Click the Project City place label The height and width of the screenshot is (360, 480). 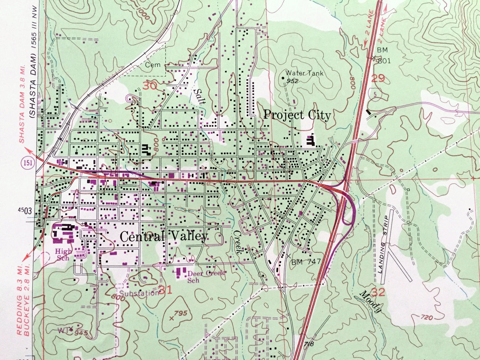(x=297, y=116)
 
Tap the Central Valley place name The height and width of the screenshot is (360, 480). (x=164, y=236)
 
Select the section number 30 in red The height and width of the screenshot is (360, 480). (x=150, y=86)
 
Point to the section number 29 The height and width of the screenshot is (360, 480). (x=378, y=78)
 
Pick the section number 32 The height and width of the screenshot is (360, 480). (x=378, y=292)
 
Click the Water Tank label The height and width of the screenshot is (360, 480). (x=304, y=73)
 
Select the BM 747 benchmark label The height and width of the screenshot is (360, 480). (x=306, y=262)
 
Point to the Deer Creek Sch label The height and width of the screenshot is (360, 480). (x=206, y=276)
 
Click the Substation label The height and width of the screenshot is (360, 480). (x=139, y=293)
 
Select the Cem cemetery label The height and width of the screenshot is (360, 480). (x=152, y=65)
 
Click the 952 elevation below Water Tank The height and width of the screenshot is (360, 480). (x=293, y=81)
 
